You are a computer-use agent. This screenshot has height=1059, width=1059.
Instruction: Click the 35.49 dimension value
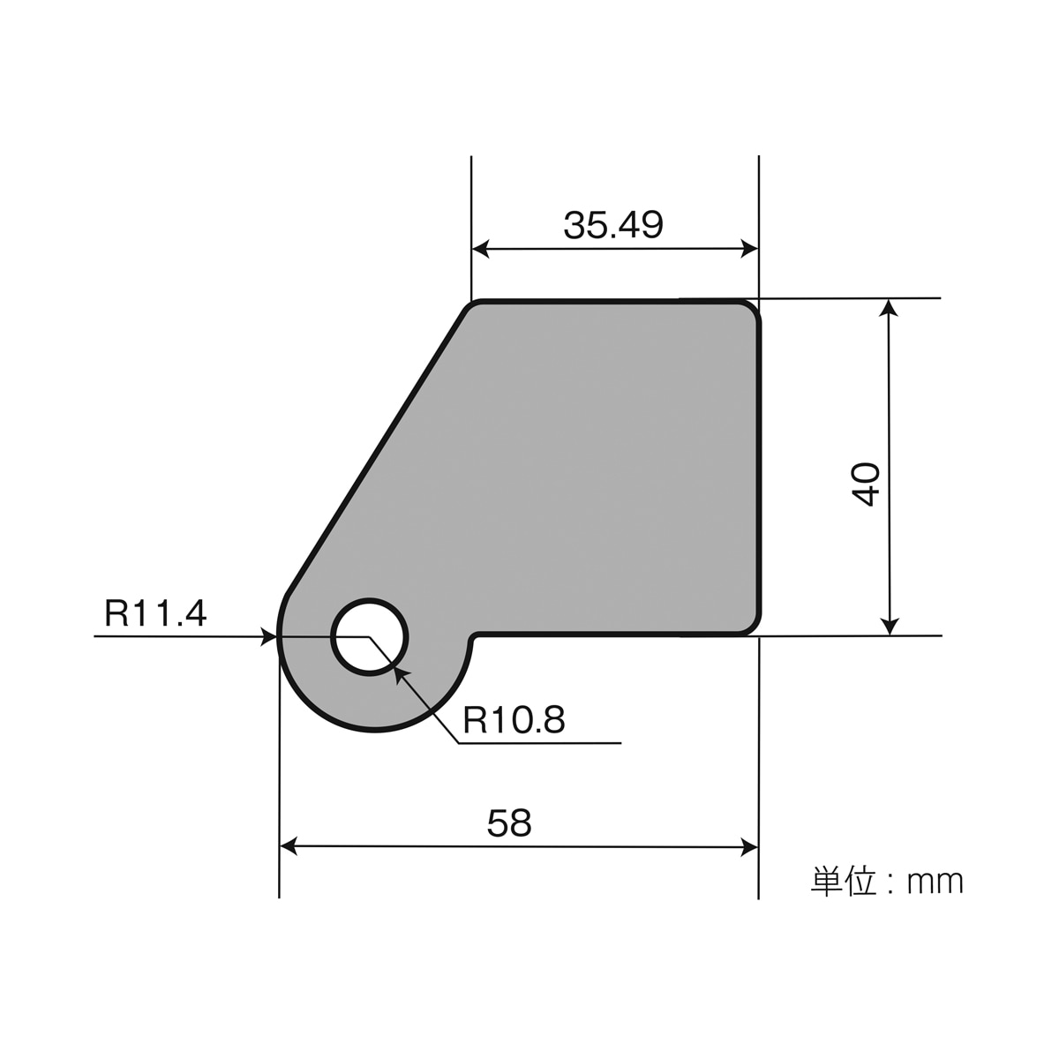(613, 226)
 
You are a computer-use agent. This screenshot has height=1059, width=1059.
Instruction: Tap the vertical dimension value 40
(867, 483)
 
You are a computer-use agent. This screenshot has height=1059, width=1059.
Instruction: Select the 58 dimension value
(509, 823)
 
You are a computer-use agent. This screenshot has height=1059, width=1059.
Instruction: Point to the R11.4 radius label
(155, 612)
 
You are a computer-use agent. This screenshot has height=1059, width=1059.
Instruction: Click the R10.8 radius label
(514, 721)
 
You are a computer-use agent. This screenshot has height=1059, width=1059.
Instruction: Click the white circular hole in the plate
(370, 637)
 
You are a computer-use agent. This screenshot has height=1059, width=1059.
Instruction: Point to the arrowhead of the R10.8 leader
(400, 673)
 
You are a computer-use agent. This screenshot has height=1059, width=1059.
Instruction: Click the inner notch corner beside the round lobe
(475, 635)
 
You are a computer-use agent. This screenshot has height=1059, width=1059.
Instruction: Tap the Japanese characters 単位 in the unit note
(841, 882)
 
